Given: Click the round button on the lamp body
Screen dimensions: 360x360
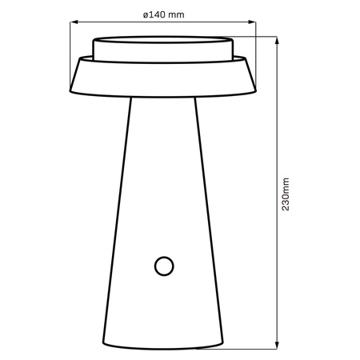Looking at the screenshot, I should [x=164, y=265].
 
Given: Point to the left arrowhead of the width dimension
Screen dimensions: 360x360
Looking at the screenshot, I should [x=74, y=23].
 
